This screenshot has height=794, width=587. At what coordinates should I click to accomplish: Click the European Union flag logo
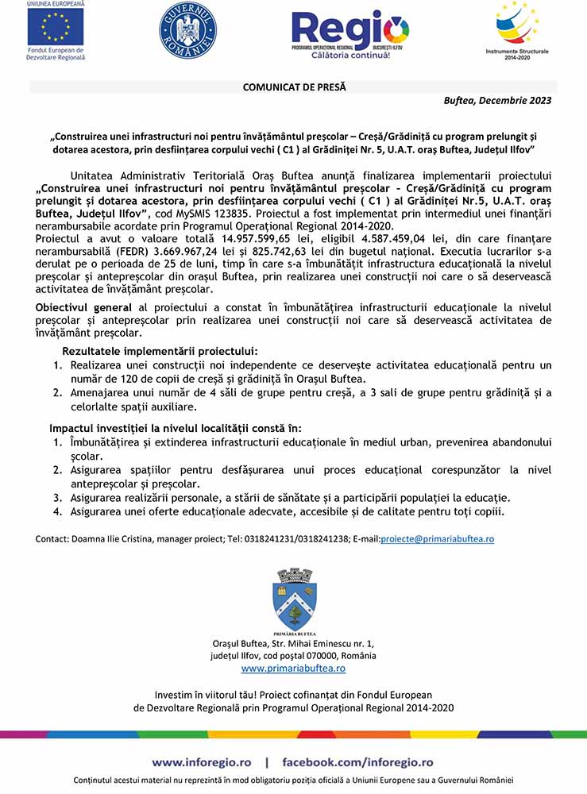(x=56, y=26)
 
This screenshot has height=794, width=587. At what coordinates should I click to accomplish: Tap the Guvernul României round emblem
(x=187, y=30)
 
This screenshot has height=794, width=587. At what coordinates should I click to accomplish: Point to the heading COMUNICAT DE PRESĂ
(x=294, y=87)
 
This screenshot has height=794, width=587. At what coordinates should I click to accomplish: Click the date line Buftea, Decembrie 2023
(x=496, y=101)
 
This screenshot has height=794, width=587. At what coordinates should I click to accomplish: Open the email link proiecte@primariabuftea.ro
(x=438, y=538)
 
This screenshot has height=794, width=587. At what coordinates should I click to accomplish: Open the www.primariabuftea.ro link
(x=293, y=669)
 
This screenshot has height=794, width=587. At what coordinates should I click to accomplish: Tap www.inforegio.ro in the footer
(x=203, y=761)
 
